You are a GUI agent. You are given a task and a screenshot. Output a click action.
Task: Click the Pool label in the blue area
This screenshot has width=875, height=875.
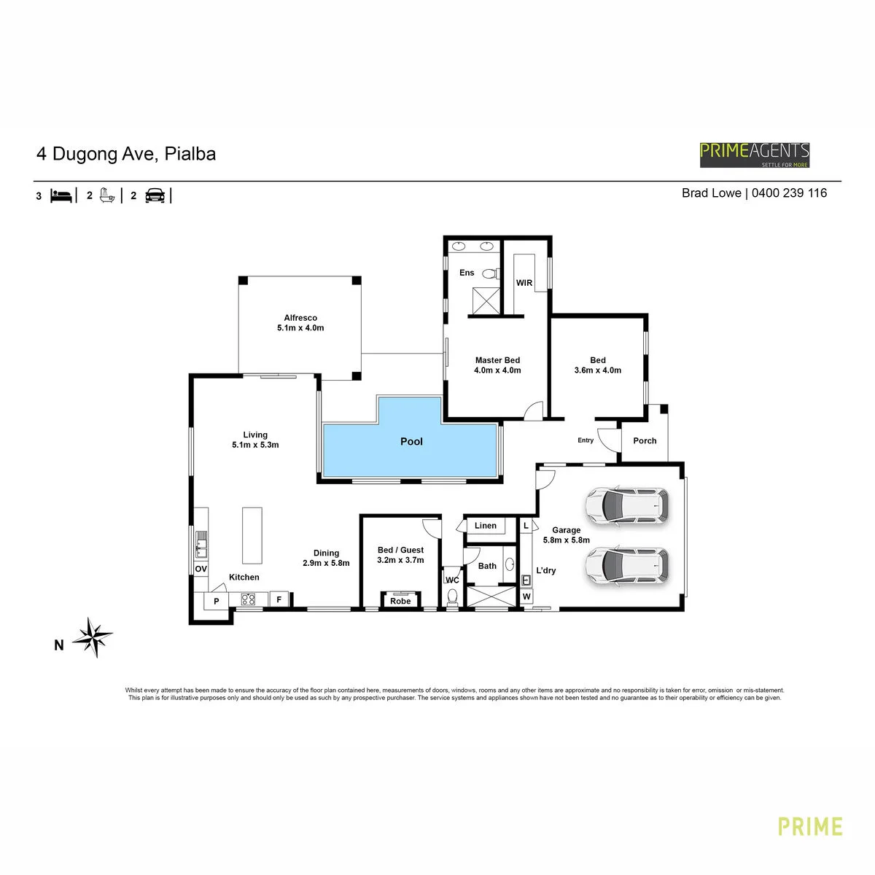[x=411, y=441]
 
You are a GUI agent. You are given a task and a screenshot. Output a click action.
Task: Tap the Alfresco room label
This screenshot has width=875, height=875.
[x=300, y=318]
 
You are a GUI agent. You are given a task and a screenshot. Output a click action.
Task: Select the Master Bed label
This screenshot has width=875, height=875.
[x=497, y=360]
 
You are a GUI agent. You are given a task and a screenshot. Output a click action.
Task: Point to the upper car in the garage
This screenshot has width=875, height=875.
[x=626, y=506]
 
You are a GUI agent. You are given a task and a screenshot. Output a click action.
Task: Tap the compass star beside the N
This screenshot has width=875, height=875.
[x=93, y=637]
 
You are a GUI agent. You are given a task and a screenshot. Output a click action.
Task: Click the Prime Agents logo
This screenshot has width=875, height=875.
[x=754, y=155]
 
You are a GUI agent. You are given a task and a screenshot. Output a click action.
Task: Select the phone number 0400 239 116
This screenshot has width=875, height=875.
[x=789, y=193]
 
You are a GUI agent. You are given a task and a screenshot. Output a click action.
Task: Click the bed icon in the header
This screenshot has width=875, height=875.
[x=61, y=195]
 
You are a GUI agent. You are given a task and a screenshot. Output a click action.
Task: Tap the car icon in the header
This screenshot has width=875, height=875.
[x=155, y=195]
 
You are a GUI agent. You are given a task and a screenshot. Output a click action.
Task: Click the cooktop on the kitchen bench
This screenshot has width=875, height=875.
[x=248, y=599]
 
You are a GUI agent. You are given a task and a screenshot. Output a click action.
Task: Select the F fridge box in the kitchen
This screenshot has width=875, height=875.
[x=279, y=599]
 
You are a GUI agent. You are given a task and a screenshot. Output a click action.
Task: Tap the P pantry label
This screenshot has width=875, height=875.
[x=216, y=601]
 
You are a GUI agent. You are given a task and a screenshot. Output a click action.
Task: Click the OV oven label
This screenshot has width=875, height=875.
[x=201, y=569]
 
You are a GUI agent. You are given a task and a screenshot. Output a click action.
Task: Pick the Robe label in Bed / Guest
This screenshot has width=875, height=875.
[x=400, y=601]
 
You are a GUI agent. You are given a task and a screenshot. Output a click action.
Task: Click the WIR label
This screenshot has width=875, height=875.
[x=524, y=283]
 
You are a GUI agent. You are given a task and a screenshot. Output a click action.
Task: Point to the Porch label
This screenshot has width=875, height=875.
[x=645, y=440]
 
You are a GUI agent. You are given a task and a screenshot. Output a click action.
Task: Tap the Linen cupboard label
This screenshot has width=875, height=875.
[x=486, y=525]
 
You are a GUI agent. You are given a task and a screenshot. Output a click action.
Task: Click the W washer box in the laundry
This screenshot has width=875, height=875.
[x=526, y=596]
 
